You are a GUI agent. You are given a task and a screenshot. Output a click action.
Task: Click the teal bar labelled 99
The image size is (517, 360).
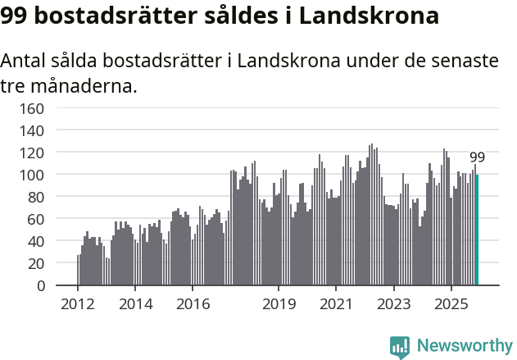point(478,230)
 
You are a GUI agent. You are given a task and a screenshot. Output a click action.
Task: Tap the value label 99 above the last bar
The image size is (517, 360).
point(477,157)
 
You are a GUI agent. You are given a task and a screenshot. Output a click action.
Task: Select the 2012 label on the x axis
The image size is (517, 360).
point(78,304)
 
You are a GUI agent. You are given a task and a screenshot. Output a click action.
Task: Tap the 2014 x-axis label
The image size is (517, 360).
point(135,304)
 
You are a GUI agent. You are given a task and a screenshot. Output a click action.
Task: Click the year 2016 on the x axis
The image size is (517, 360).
point(193,304)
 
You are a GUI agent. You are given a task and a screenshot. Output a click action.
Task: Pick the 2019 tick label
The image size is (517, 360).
point(279,304)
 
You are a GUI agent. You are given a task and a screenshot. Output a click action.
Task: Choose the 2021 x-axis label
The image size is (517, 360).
point(336,304)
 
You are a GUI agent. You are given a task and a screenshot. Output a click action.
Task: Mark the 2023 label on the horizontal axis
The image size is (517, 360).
point(393,304)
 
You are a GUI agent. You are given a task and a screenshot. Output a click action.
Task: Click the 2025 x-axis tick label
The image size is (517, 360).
point(451,304)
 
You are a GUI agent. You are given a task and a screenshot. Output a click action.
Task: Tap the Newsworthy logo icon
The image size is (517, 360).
point(400,347)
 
